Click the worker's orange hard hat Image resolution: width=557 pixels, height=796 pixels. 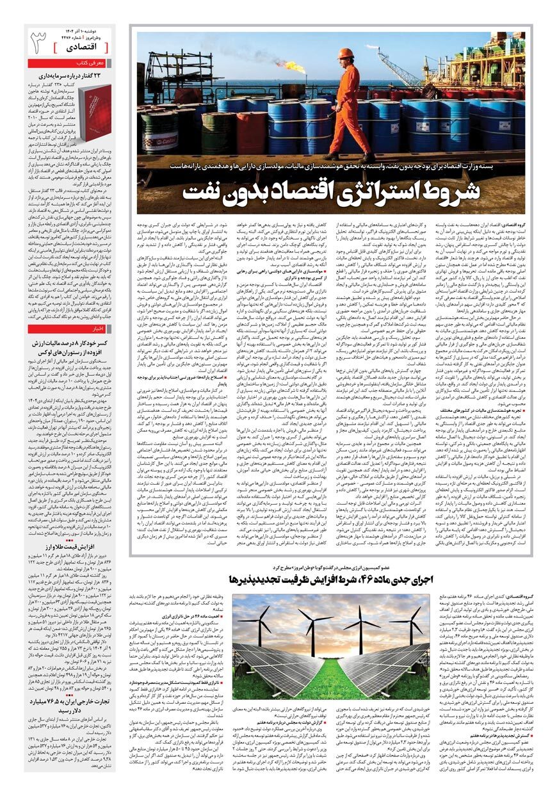click(x=346, y=53)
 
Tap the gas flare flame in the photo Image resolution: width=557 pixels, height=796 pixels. click(x=294, y=65)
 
